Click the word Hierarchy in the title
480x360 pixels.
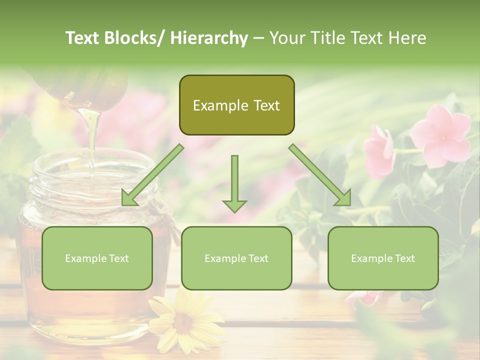[x=208, y=38]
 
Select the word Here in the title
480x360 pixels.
[x=408, y=38]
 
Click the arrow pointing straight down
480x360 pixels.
[x=234, y=180]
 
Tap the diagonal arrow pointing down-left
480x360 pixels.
[x=152, y=175]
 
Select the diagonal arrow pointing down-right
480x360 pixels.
[x=320, y=175]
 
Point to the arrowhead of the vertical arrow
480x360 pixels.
[x=234, y=205]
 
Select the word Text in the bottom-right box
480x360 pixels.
[x=404, y=258]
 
